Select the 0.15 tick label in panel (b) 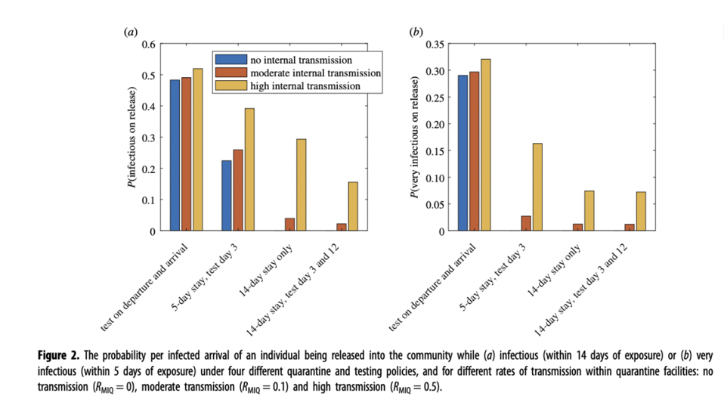coord(435,151)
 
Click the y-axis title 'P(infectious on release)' coord(132,138)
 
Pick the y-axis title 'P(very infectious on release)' coord(415,138)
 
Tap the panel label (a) coord(130,32)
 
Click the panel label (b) coord(416,32)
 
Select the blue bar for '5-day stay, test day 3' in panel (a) coord(227,196)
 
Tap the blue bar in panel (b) coord(463,153)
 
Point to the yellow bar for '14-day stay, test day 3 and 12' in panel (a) coord(353,206)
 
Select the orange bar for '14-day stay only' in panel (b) coord(577,228)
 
